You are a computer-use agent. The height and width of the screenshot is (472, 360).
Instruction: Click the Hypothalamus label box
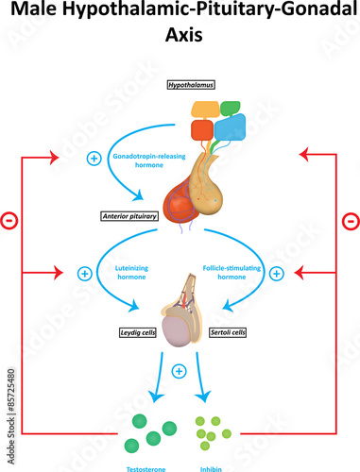(191, 85)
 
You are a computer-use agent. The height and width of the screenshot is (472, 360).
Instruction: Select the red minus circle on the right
(350, 221)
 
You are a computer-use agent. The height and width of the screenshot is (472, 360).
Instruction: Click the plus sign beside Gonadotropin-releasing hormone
(94, 157)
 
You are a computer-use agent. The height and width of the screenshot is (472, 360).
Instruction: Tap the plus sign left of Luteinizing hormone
(83, 274)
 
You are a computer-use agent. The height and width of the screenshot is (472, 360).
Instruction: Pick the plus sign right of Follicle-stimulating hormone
(276, 274)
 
